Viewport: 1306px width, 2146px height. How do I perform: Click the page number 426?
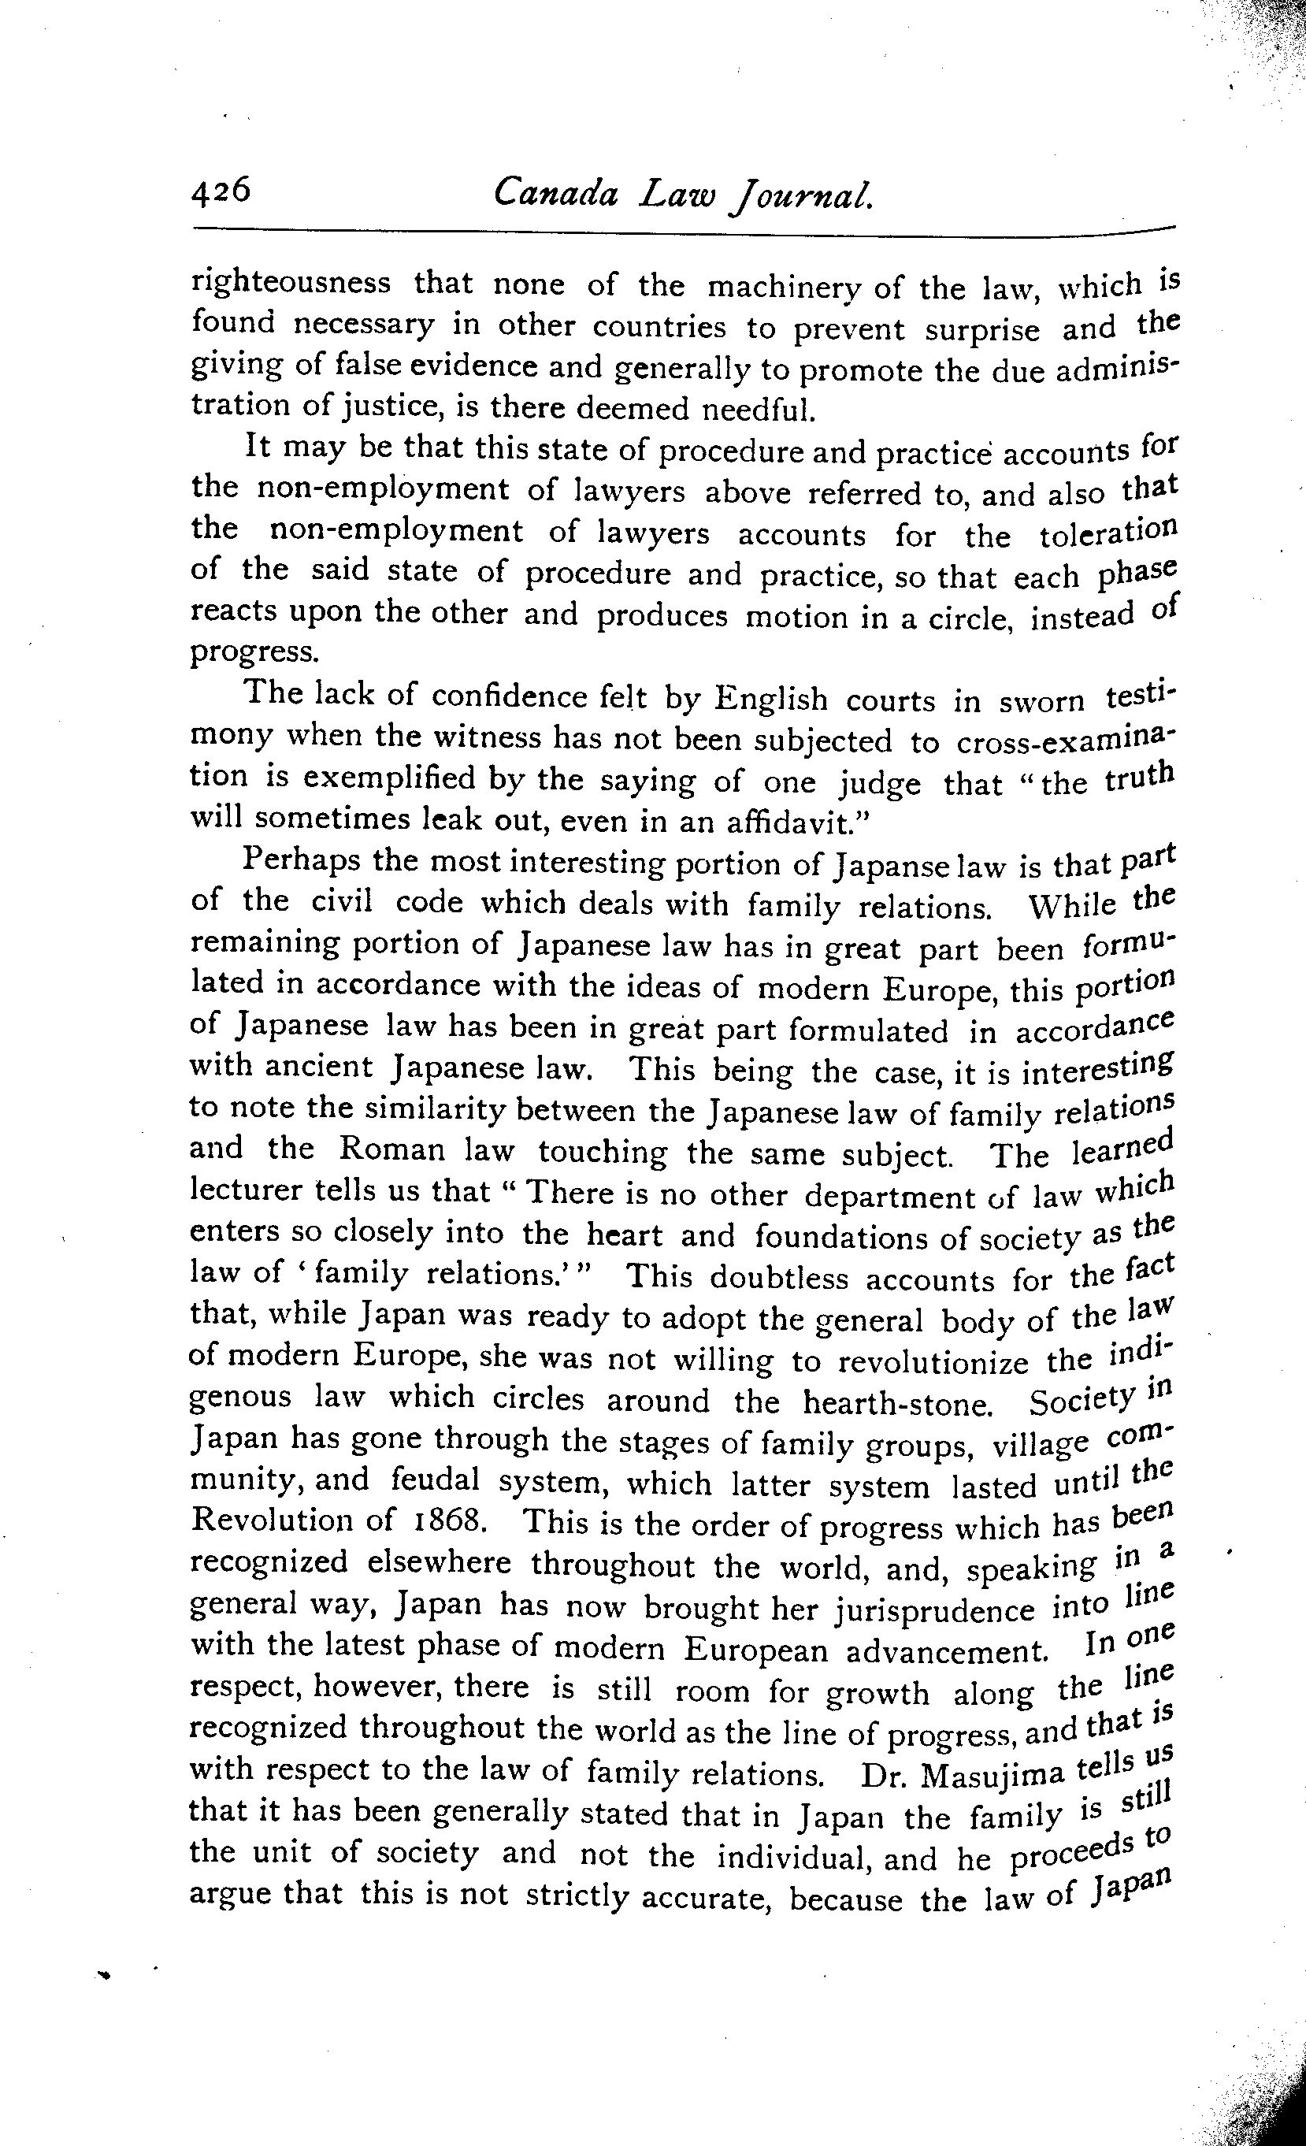221,190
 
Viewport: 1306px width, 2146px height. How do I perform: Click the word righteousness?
291,283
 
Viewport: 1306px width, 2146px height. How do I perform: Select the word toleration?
1108,532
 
